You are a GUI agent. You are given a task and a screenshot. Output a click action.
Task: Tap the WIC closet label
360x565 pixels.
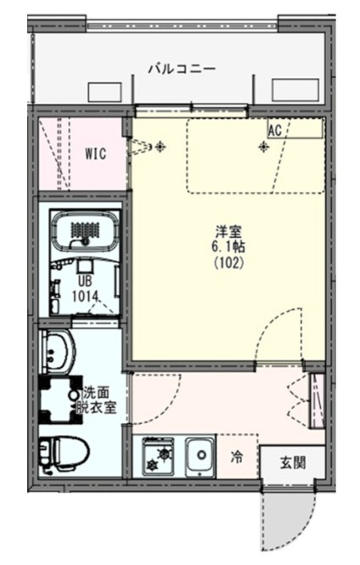[93, 155]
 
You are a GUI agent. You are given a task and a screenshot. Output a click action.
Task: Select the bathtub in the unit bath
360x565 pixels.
[85, 229]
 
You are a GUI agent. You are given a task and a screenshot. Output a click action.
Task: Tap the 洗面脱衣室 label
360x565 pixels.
[103, 400]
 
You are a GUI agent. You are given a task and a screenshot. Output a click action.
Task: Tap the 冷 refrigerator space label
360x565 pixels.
[237, 457]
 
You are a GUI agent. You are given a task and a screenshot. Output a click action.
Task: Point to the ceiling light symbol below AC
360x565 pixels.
[264, 147]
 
